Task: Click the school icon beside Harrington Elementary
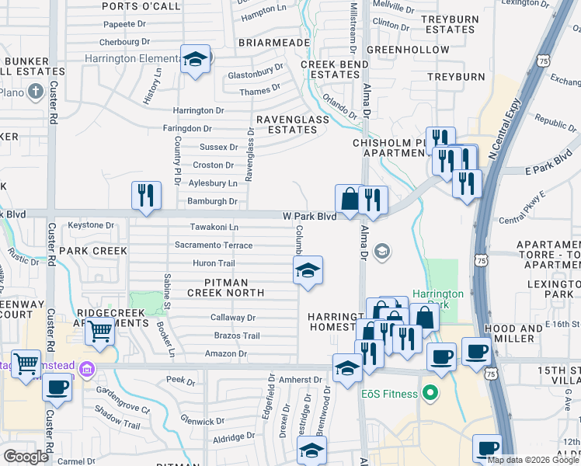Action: (196, 59)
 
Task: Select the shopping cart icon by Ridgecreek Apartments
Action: (100, 332)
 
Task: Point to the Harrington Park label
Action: (437, 300)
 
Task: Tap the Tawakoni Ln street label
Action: (214, 227)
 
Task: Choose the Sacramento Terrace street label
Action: (214, 245)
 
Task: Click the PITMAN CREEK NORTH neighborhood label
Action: (224, 287)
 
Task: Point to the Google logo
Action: (26, 457)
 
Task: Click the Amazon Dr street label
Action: (224, 353)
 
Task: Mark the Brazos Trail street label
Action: (236, 336)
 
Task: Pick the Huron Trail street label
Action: (214, 263)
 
